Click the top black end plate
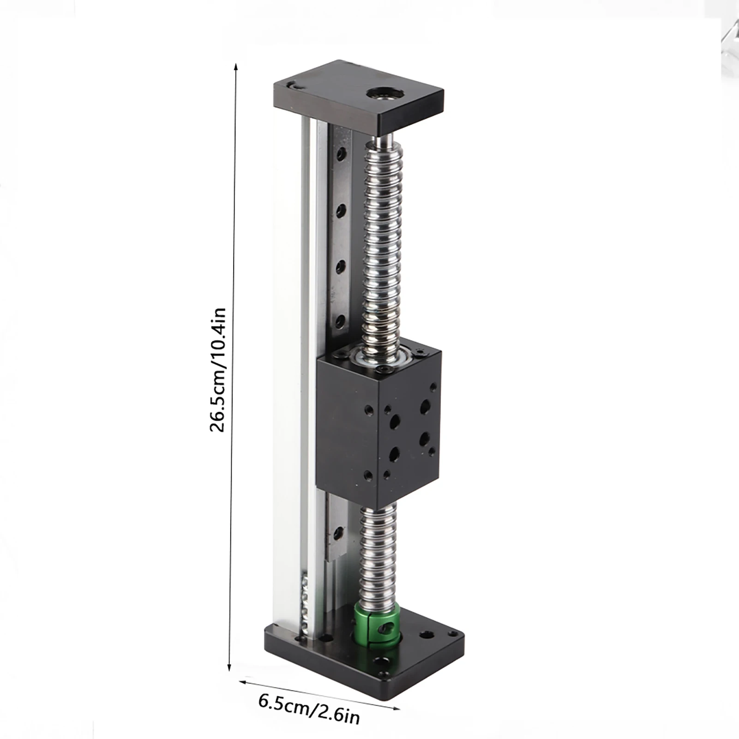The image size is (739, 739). pyautogui.click(x=358, y=95)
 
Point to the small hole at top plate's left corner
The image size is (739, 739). pyautogui.click(x=291, y=85)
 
